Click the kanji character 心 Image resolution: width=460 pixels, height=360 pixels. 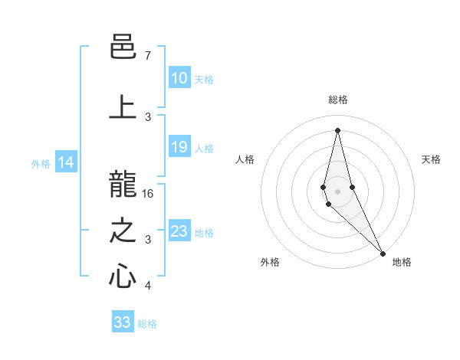click(123, 277)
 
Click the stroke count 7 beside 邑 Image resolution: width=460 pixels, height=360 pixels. click(148, 56)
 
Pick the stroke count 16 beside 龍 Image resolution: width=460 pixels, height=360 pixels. click(148, 194)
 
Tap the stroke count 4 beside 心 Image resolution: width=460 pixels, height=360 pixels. click(148, 286)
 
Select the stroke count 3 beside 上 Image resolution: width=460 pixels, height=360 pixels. click(148, 116)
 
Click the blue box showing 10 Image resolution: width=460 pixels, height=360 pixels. click(179, 77)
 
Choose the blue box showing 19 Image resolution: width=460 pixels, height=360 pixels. click(179, 147)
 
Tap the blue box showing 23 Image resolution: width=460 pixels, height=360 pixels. click(179, 231)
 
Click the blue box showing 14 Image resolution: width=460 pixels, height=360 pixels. click(66, 162)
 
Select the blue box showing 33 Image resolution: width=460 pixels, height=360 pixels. click(123, 322)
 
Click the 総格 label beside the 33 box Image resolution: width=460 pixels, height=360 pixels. click(147, 324)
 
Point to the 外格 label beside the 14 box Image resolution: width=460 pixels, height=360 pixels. click(41, 163)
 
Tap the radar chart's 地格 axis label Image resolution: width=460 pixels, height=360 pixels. click(402, 262)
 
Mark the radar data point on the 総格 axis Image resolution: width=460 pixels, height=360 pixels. click(337, 130)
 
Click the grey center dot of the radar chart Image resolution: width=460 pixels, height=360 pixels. click(337, 191)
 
